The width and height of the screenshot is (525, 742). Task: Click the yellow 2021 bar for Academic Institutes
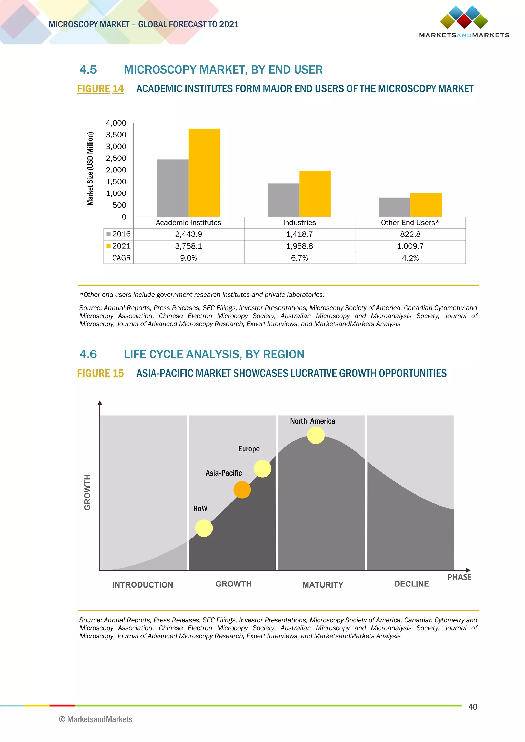204,173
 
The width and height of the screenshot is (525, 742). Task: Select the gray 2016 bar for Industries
284,200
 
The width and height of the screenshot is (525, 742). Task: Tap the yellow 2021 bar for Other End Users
426,205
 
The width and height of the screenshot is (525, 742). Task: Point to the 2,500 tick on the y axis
116,158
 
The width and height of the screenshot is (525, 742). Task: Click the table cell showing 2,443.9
188,234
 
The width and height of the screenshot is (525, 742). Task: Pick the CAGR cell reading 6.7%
299,258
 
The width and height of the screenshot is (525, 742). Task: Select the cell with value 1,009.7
410,246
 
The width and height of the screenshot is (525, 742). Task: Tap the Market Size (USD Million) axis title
90,169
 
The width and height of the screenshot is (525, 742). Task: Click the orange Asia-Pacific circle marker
242,490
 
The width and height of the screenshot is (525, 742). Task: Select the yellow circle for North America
316,435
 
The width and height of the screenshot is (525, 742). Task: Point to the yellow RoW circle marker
204,528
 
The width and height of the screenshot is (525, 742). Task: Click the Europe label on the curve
249,449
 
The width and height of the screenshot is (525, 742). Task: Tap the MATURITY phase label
323,585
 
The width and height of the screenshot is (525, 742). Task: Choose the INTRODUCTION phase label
143,585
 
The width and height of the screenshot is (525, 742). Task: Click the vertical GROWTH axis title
87,492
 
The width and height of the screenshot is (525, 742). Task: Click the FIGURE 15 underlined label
100,373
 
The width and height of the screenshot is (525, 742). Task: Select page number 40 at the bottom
473,707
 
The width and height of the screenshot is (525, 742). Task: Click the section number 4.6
88,354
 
